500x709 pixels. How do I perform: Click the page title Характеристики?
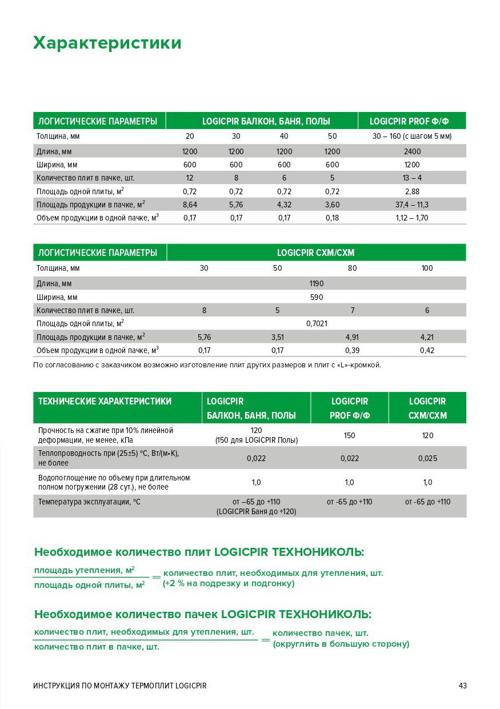[x=107, y=43]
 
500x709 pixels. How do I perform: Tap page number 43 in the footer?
[x=462, y=686]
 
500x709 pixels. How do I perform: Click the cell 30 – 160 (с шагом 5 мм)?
[x=411, y=137]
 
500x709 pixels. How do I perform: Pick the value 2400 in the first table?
[x=411, y=151]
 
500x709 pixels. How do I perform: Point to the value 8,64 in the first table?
[x=190, y=204]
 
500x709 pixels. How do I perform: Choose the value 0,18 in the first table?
[x=332, y=218]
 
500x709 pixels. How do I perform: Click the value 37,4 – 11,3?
[x=411, y=204]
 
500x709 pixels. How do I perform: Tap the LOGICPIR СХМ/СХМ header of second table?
[x=316, y=253]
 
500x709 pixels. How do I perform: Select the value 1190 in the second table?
[x=316, y=283]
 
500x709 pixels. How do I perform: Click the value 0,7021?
[x=316, y=323]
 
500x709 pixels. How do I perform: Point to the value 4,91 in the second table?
[x=352, y=337]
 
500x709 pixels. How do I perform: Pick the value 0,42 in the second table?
[x=427, y=350]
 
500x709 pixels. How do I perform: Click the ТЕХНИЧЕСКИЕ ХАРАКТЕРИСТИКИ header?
[x=105, y=402]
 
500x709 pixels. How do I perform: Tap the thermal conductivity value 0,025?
[x=427, y=458]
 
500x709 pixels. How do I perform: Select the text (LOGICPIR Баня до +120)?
[x=256, y=512]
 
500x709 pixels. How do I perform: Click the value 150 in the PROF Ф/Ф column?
[x=349, y=435]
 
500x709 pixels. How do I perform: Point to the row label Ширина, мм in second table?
[x=57, y=297]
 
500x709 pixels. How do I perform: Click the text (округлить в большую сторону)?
[x=341, y=644]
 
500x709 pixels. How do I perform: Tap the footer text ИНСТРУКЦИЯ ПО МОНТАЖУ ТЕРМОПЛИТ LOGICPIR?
[x=119, y=686]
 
